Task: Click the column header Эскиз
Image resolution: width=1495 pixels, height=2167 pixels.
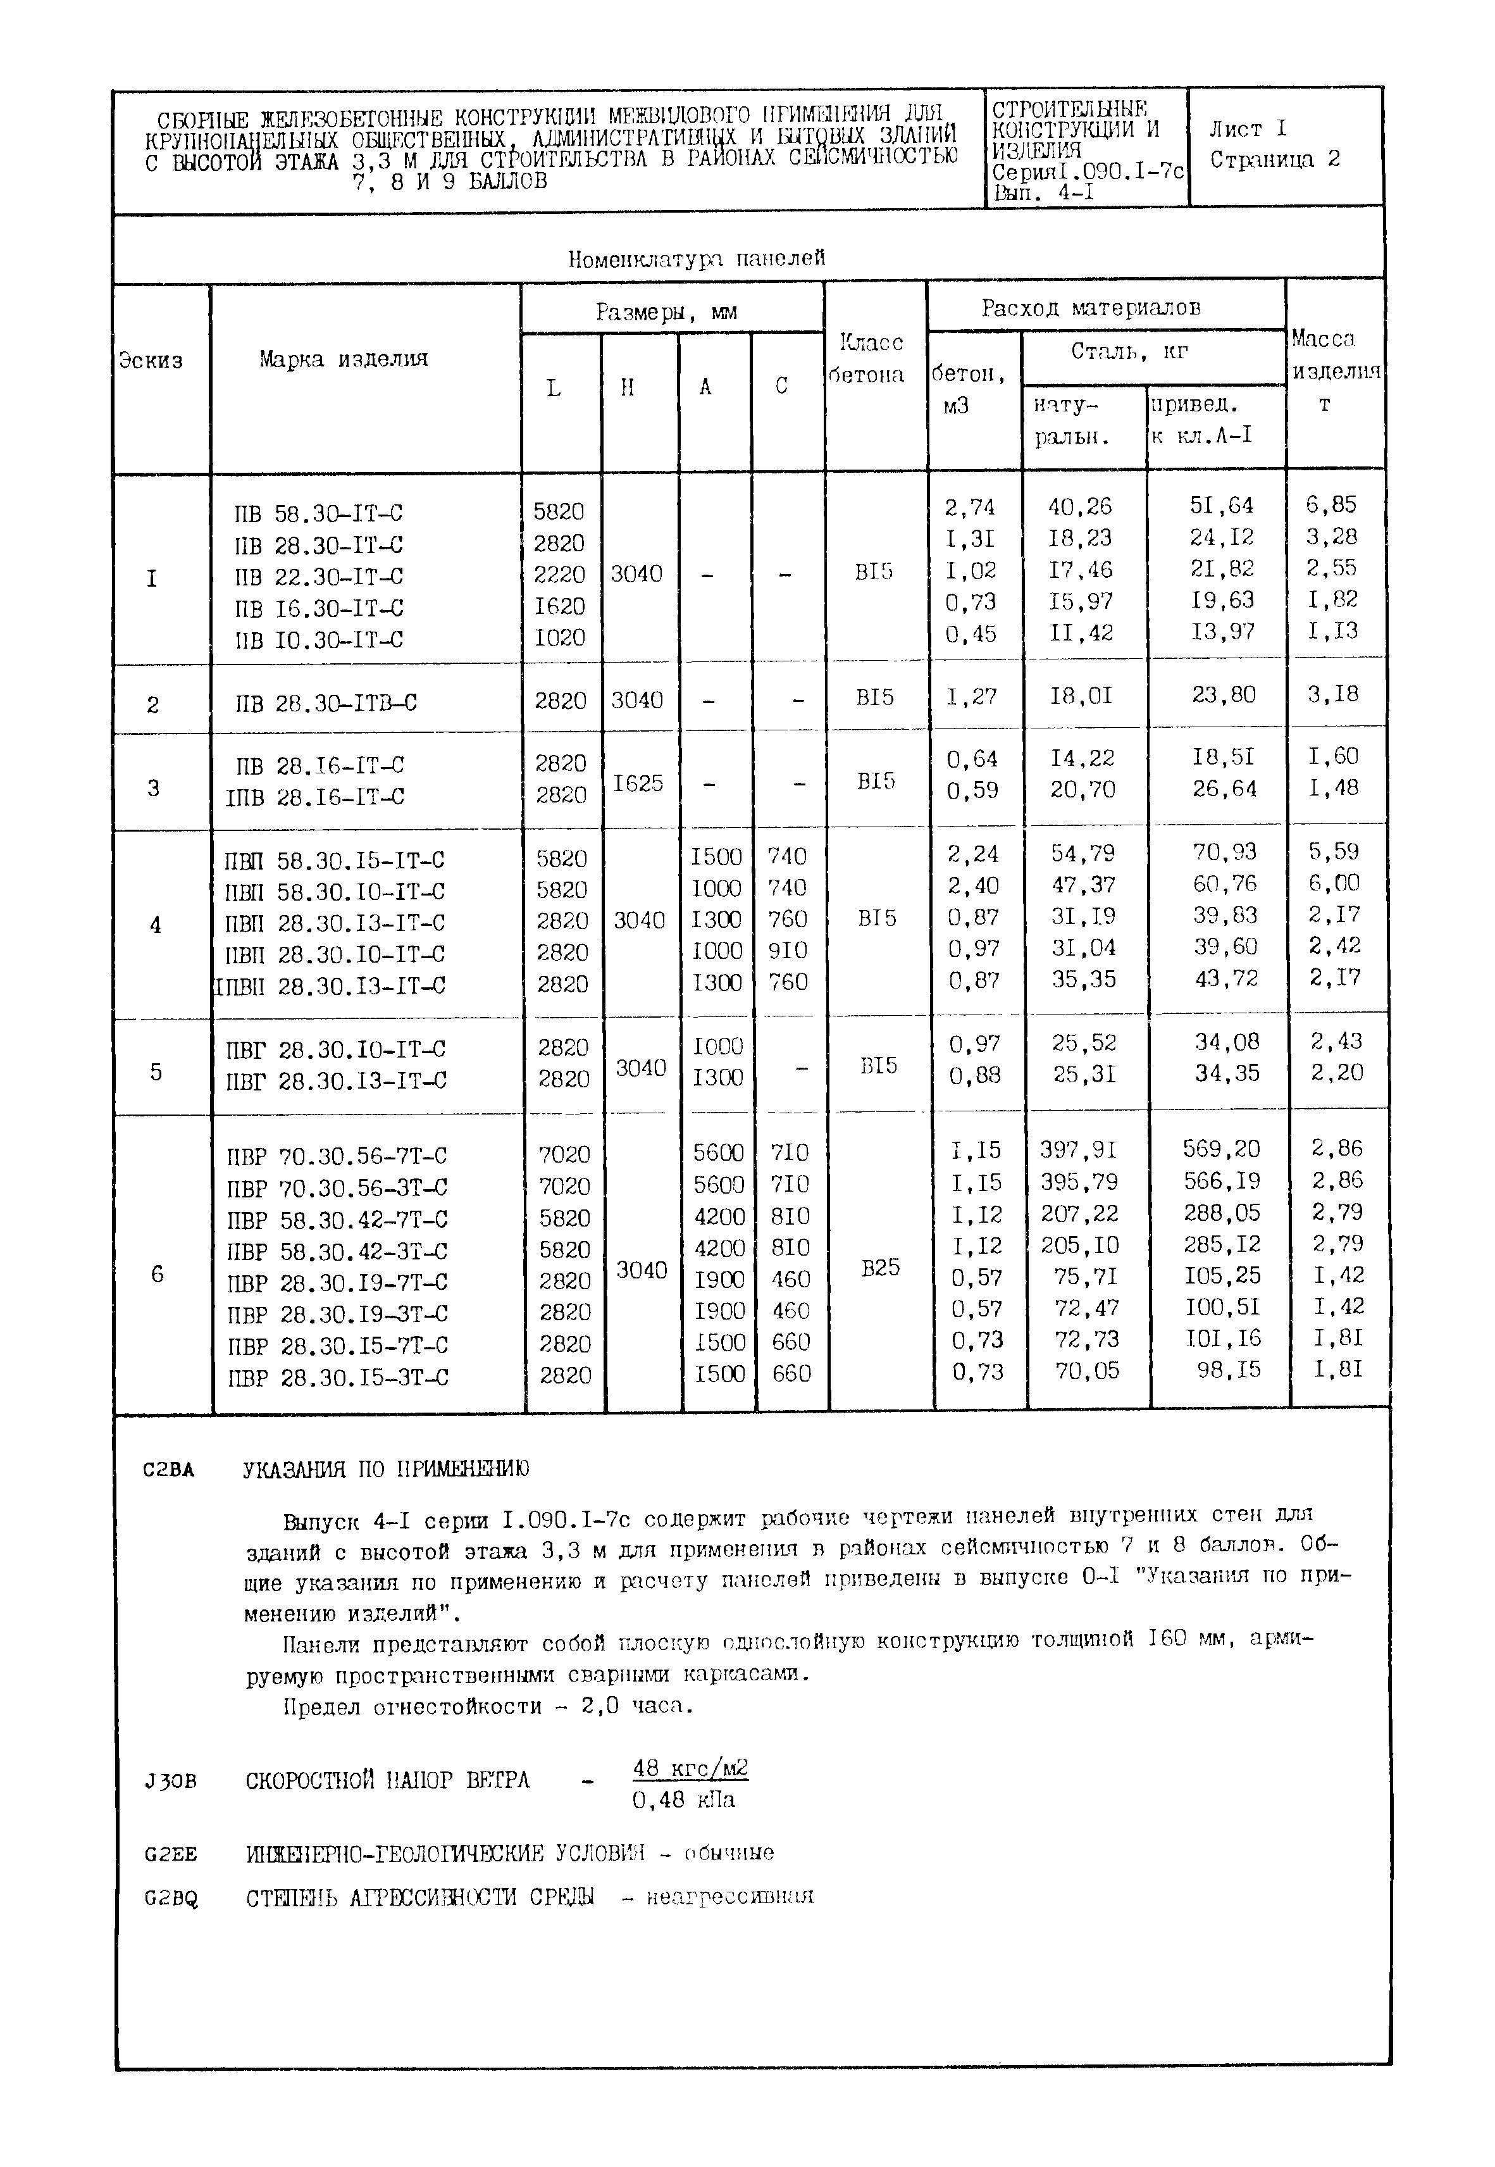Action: pos(151,361)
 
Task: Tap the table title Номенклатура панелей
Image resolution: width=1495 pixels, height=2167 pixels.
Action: pos(697,259)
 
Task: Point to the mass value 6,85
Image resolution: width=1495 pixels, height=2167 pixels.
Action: pos(1331,505)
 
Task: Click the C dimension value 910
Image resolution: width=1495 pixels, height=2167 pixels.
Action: pos(787,950)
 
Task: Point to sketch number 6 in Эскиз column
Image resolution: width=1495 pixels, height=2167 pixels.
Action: pos(156,1274)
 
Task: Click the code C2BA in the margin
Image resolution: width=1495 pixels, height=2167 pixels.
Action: pos(169,1470)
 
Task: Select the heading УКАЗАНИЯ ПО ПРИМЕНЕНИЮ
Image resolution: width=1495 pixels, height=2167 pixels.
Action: pos(387,1469)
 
